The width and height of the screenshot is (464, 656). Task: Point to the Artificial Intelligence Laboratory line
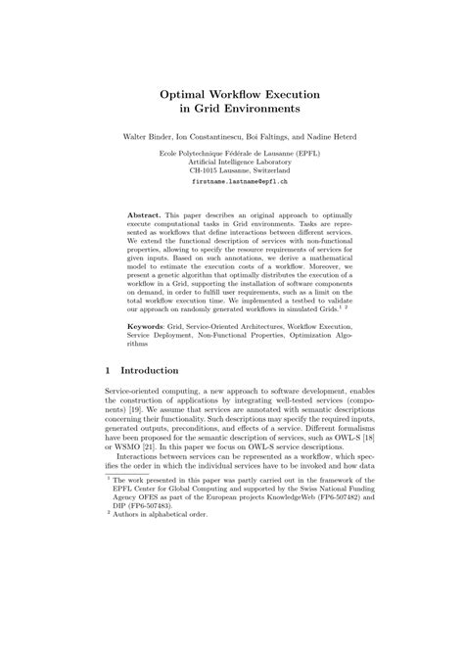233,161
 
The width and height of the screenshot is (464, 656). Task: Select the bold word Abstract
147,213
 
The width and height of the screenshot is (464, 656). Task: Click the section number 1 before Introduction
107,371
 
